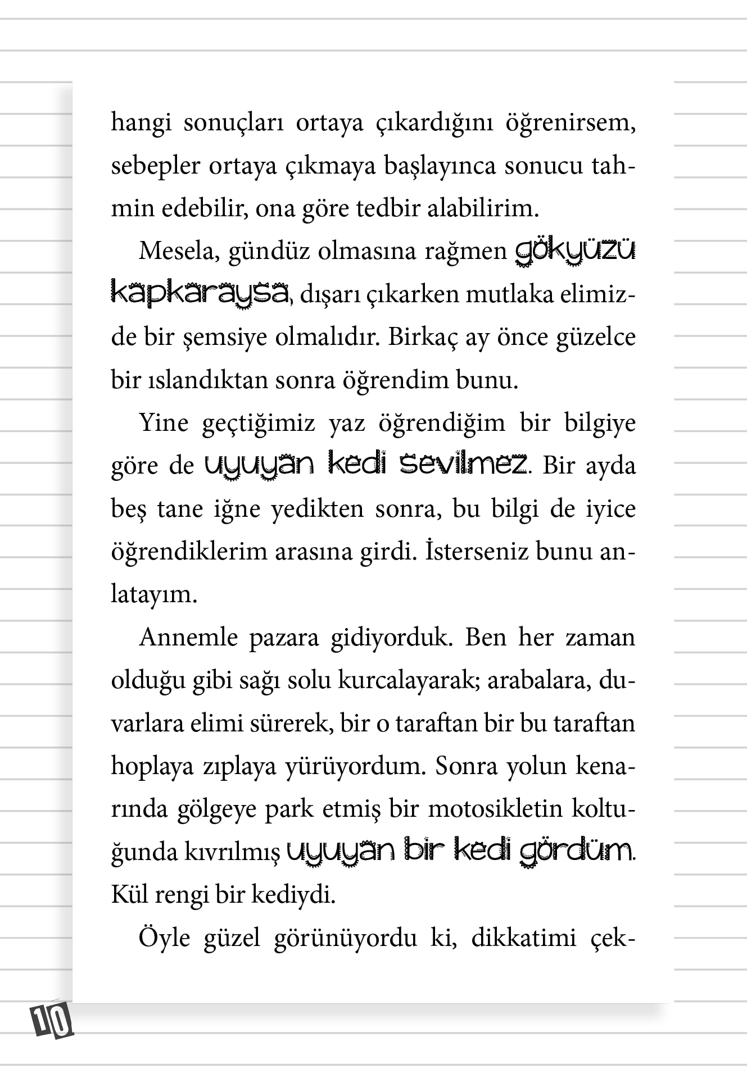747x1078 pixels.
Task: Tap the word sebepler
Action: pyautogui.click(x=147, y=167)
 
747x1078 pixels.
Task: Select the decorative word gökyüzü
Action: pyautogui.click(x=575, y=252)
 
